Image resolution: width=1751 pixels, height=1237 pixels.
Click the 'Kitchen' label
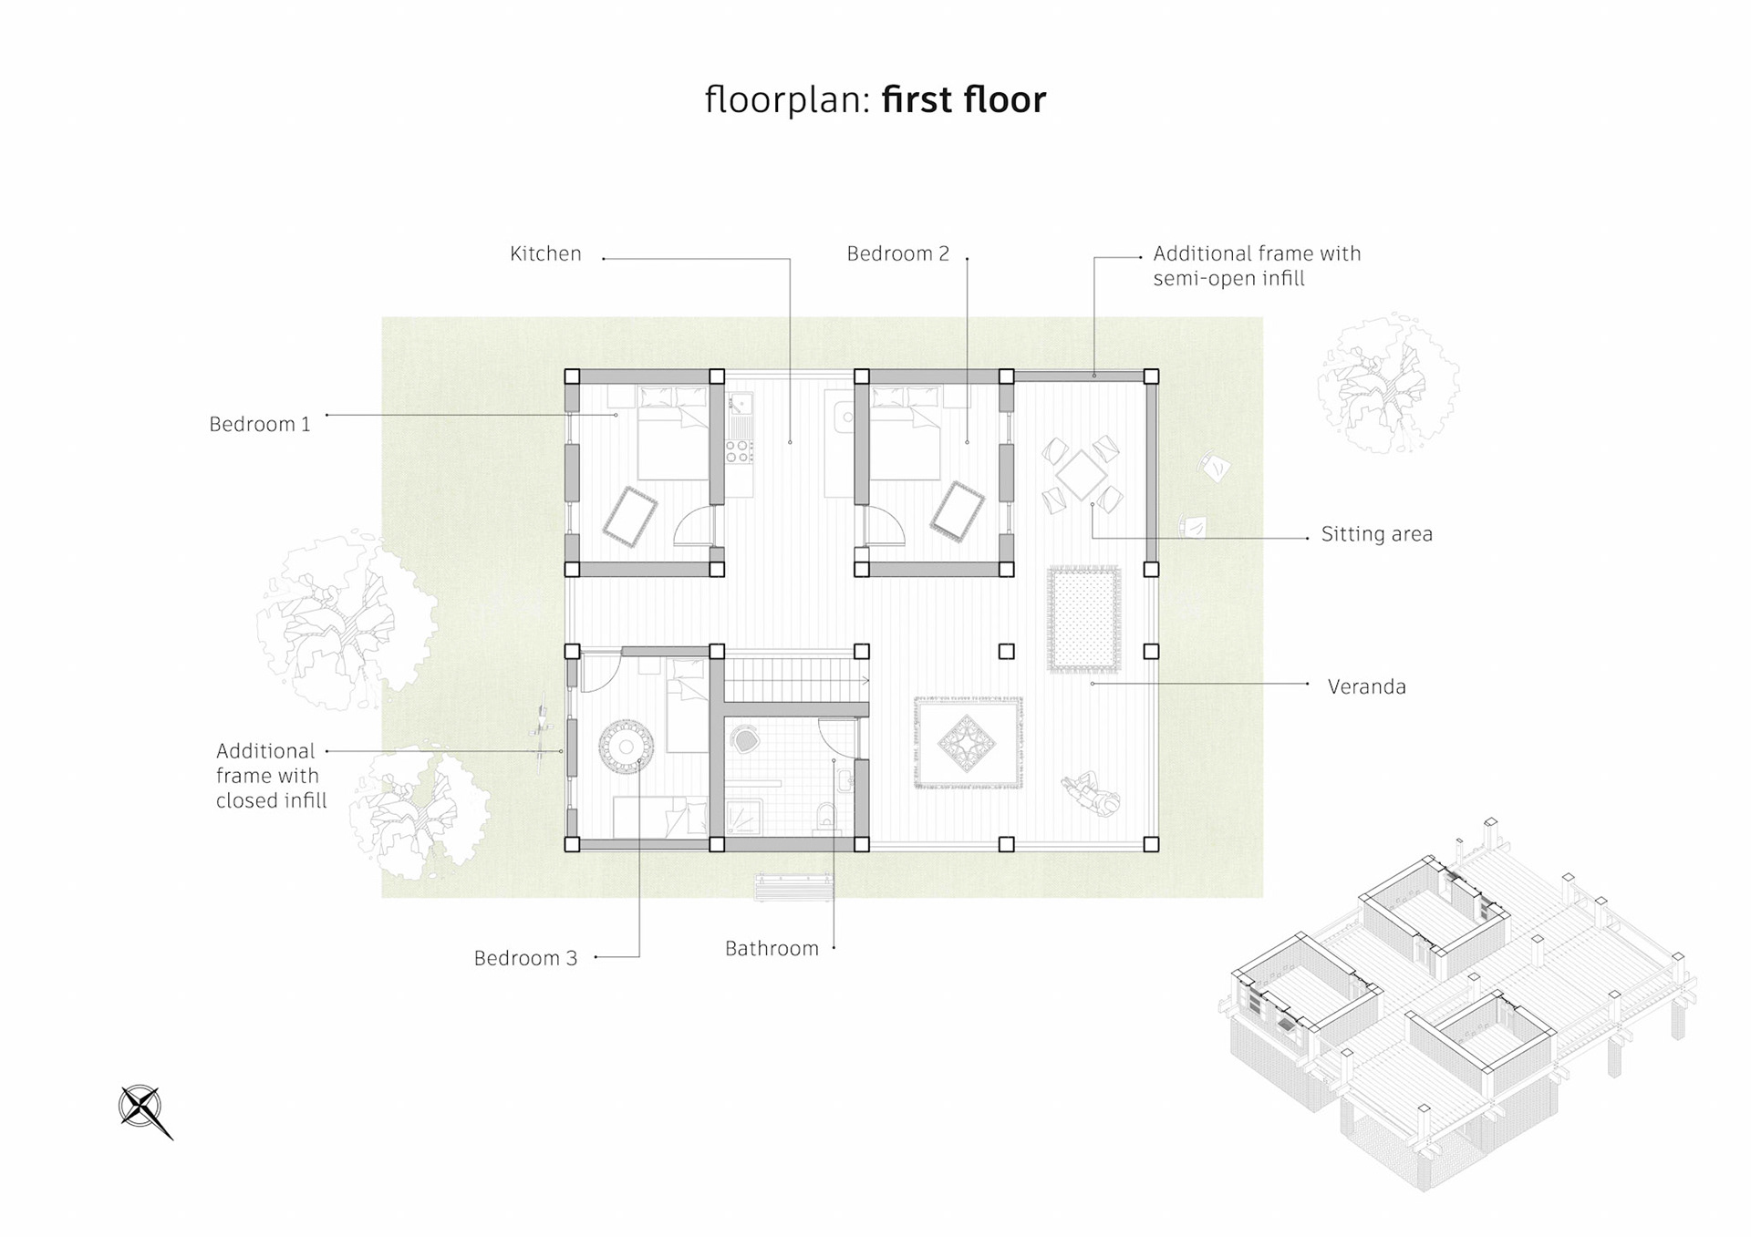(545, 253)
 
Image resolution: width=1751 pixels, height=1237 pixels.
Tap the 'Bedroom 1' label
(260, 424)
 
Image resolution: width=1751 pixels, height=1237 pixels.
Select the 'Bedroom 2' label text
(898, 253)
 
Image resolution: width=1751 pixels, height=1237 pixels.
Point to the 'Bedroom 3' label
(525, 958)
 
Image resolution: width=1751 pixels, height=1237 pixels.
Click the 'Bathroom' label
(772, 948)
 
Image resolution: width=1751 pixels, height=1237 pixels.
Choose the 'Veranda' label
(1367, 686)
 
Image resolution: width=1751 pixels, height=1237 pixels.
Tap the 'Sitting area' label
(1377, 534)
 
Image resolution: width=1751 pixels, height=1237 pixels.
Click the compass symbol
(144, 1110)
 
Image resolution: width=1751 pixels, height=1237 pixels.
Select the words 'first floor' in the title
(964, 99)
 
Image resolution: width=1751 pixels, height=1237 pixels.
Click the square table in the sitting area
(1082, 474)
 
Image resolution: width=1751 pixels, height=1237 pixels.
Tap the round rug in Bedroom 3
(627, 747)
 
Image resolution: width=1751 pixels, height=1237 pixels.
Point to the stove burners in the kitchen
(740, 450)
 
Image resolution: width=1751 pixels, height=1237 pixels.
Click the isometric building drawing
(1457, 1003)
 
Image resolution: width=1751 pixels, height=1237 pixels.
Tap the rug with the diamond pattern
(969, 742)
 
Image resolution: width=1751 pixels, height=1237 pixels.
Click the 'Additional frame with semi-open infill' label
(1257, 265)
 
